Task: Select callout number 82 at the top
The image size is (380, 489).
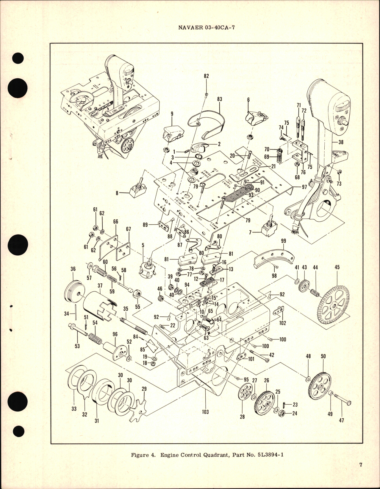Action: click(206, 76)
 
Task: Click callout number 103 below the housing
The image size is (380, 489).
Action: click(205, 412)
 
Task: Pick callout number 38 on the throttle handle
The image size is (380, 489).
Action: click(341, 142)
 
